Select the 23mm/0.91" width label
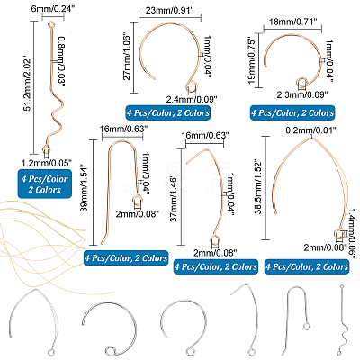[170, 11]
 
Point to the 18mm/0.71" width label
[292, 22]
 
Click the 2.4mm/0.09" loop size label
[192, 98]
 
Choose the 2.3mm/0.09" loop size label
[301, 94]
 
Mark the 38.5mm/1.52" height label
[258, 188]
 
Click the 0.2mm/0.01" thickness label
[310, 130]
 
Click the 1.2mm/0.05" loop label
[47, 163]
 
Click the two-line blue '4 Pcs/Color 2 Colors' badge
[45, 184]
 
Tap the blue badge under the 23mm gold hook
[168, 113]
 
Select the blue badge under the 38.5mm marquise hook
[307, 266]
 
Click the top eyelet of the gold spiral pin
[51, 22]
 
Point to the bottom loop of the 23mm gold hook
[193, 86]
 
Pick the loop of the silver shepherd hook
[306, 326]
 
